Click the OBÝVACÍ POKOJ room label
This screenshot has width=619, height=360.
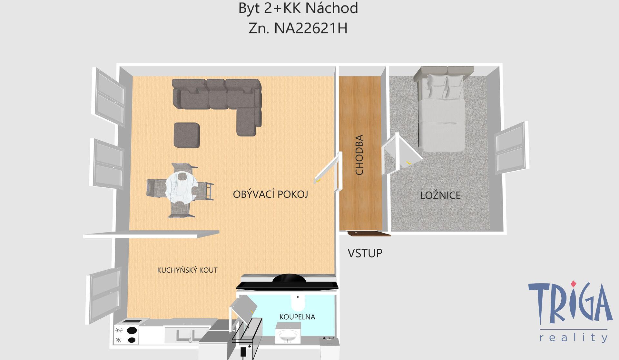[x=270, y=195]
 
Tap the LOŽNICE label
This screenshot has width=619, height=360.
[x=440, y=195]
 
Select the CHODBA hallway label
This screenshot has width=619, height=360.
[x=359, y=155]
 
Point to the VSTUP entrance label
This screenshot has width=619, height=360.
[x=365, y=253]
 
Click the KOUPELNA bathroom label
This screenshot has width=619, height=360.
[x=297, y=317]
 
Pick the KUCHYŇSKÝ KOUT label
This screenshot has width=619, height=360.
[x=187, y=270]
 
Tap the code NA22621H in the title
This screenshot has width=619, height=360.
[x=311, y=28]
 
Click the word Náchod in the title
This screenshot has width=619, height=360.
[x=332, y=8]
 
